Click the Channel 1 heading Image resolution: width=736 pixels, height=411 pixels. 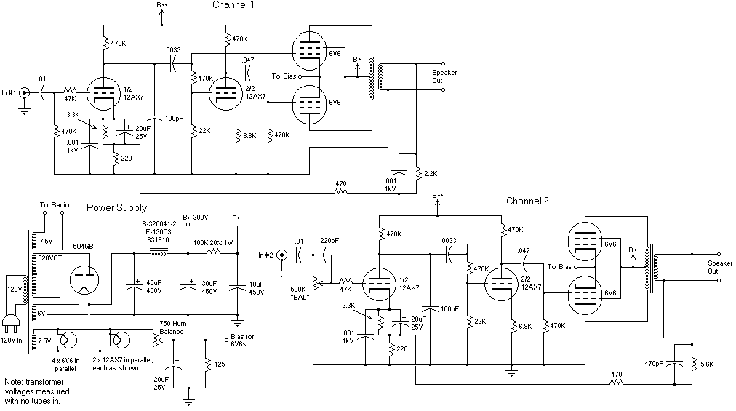tap(233, 5)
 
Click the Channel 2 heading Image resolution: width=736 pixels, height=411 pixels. tap(527, 201)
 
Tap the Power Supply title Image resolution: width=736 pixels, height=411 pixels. tap(116, 208)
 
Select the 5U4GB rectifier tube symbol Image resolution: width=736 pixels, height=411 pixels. tap(84, 280)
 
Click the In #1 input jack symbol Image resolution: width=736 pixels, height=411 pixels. tap(25, 93)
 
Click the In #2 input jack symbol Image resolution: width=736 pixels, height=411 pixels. tap(281, 255)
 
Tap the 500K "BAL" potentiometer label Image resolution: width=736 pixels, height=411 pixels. tap(300, 293)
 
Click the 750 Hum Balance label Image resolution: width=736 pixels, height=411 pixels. tap(172, 327)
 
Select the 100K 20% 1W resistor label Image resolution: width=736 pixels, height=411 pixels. tap(212, 243)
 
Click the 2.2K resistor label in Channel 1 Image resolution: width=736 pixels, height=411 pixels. tap(431, 174)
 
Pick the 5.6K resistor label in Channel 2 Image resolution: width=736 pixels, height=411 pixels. tap(707, 364)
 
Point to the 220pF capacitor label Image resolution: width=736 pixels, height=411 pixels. tap(329, 241)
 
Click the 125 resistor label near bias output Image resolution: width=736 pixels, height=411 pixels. tap(220, 364)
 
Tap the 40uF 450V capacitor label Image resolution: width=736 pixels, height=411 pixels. tap(154, 287)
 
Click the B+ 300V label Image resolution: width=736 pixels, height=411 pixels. tap(195, 218)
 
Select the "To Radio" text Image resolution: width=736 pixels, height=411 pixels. tap(55, 205)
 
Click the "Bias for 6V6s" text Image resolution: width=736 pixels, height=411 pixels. tap(241, 340)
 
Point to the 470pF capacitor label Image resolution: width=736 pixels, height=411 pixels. tap(653, 364)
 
